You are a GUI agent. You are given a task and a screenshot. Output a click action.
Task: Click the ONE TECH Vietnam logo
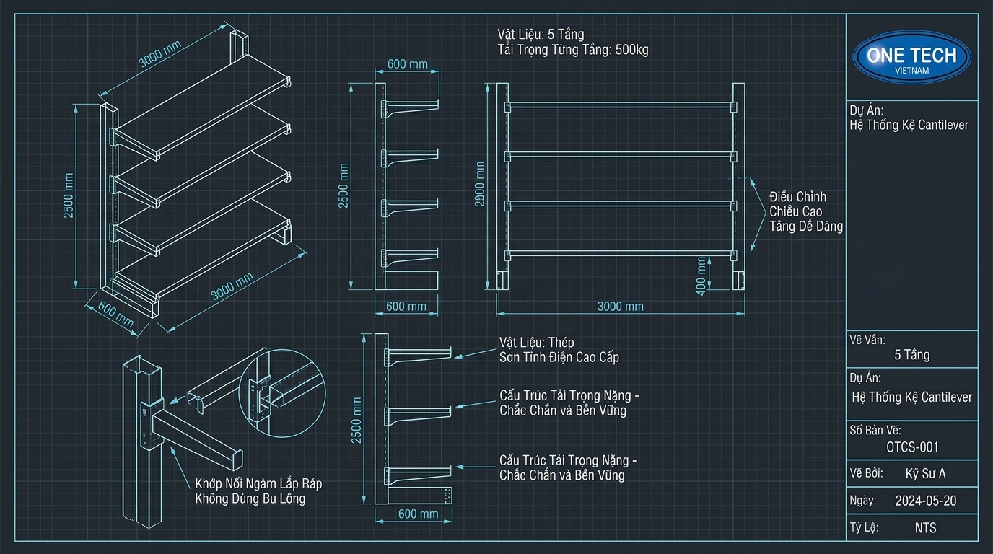912,58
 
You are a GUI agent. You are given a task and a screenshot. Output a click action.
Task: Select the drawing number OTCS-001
912,447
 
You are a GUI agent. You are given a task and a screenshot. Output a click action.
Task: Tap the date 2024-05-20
926,501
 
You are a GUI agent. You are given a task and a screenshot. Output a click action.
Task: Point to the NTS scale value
926,528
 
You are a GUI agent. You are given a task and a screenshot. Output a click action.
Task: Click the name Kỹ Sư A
926,474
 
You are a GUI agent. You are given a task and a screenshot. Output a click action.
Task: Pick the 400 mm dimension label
701,276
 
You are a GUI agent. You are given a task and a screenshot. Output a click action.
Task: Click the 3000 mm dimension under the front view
620,307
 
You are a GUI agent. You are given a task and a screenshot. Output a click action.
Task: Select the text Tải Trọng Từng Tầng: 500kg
573,50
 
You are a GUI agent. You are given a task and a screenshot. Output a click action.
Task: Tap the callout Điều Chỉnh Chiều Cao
797,204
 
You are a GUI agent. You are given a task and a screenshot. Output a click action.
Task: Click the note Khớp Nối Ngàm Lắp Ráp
258,483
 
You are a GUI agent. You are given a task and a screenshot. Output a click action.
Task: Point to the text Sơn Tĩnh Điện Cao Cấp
559,357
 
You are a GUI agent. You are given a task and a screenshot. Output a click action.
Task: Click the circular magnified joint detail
282,393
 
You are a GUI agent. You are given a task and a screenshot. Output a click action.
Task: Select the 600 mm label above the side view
408,64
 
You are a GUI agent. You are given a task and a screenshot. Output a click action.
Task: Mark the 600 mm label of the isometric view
115,315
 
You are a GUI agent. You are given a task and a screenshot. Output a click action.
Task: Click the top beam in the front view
620,106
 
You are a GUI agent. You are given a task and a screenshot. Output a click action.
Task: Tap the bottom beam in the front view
620,255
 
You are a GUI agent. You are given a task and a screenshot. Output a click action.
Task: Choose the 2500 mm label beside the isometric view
69,195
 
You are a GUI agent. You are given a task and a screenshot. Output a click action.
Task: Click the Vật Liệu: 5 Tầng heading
541,34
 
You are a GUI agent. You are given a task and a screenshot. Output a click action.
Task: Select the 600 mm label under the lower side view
418,514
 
